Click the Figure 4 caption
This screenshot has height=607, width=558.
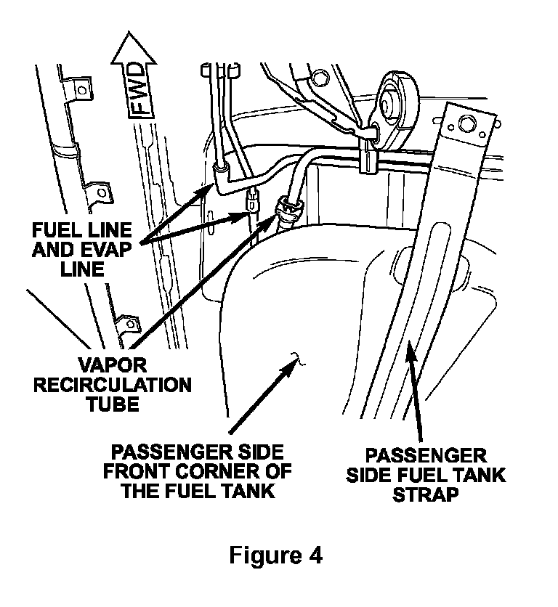(x=275, y=555)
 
